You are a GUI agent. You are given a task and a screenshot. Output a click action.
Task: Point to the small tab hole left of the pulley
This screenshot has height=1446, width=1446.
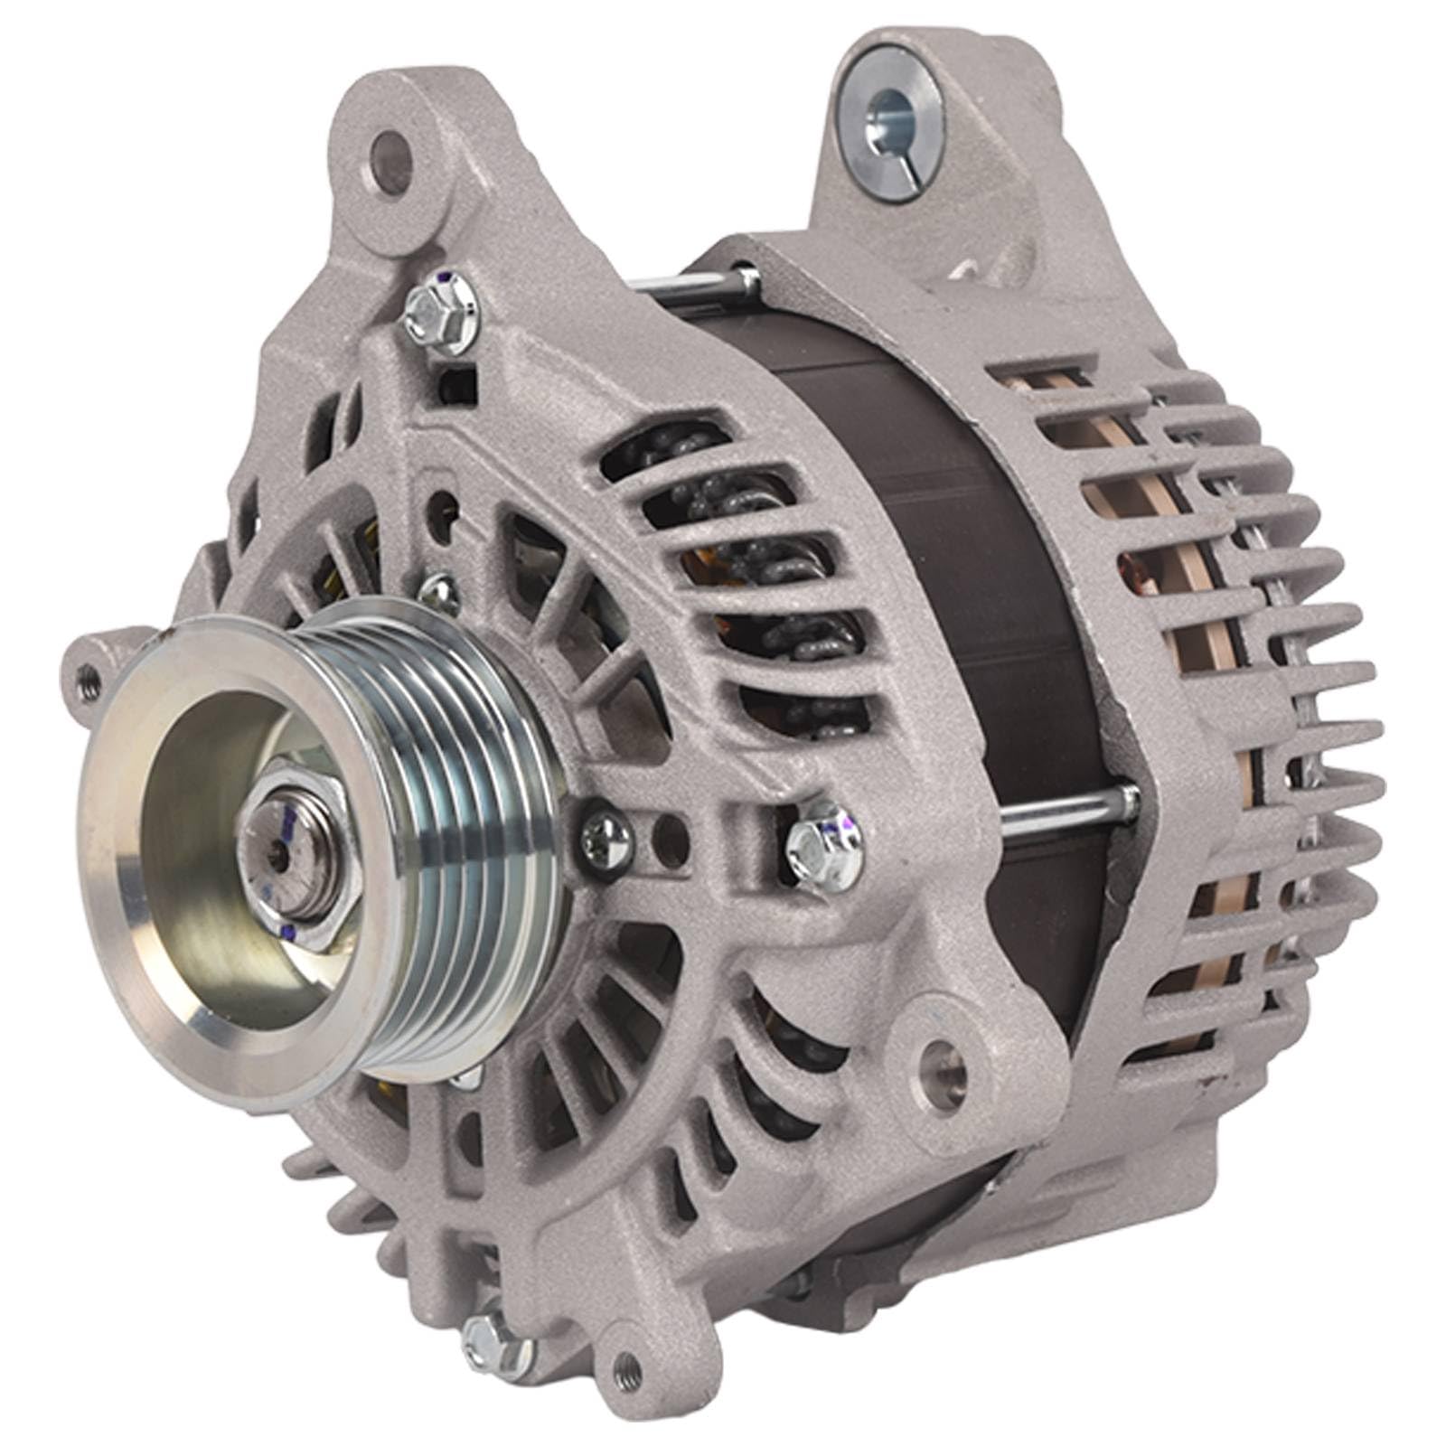point(89,672)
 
